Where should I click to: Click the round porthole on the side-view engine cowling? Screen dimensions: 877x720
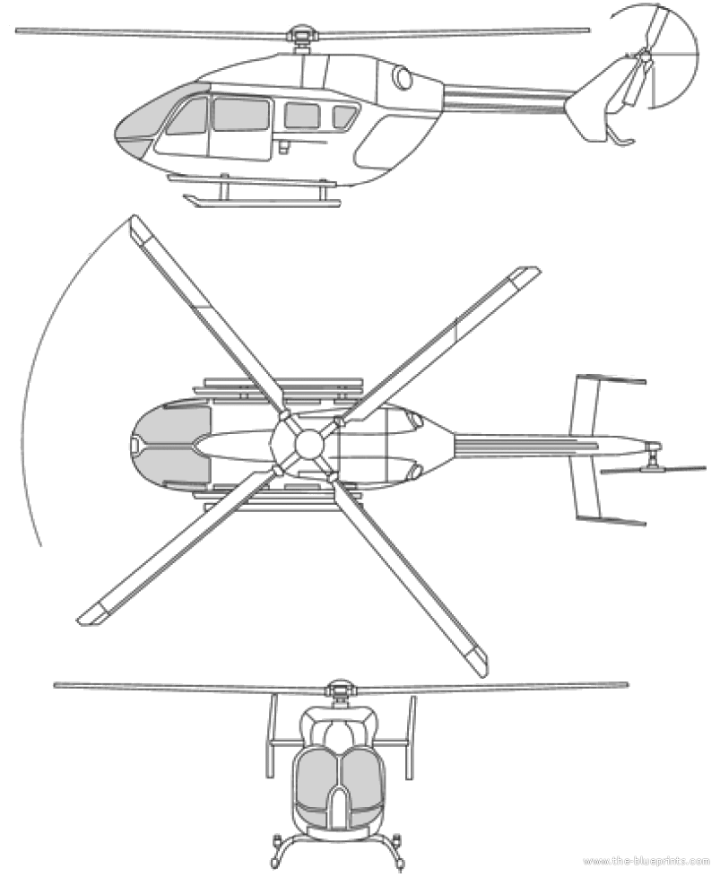[x=403, y=79]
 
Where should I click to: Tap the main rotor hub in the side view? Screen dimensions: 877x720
[x=299, y=38]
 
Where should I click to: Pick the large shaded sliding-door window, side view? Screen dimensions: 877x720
[x=241, y=115]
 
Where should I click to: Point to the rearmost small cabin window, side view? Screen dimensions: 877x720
[x=344, y=117]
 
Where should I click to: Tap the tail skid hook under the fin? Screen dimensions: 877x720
[x=620, y=137]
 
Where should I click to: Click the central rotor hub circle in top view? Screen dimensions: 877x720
[x=308, y=444]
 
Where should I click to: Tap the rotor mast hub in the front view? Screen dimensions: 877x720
[x=339, y=690]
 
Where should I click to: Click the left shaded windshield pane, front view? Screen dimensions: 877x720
[x=317, y=776]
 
